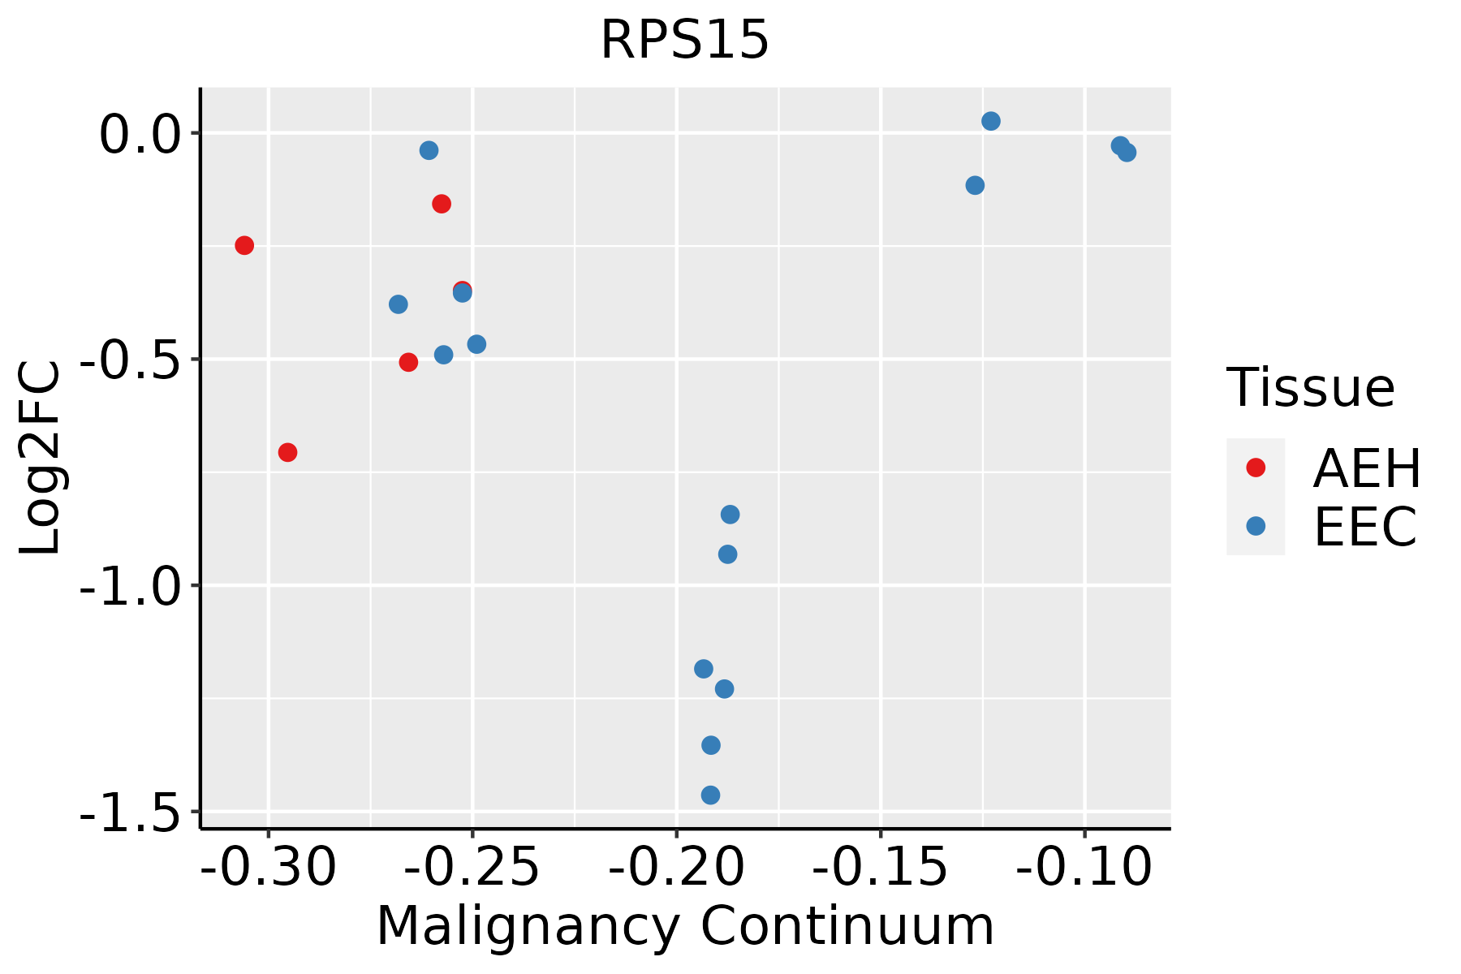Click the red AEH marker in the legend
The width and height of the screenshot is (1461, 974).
(1256, 468)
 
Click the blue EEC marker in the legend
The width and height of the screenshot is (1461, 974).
(1256, 526)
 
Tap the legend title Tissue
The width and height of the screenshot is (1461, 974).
(1310, 388)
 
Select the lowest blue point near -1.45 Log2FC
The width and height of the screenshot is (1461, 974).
(710, 795)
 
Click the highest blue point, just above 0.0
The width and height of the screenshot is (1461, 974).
(991, 121)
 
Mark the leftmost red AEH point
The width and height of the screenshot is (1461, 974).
(244, 245)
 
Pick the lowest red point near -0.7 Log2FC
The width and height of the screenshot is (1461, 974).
(287, 452)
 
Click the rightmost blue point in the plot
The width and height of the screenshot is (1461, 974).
(1127, 152)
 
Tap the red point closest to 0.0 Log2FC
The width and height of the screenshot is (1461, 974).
(442, 204)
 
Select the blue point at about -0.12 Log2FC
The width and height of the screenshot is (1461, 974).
(975, 185)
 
